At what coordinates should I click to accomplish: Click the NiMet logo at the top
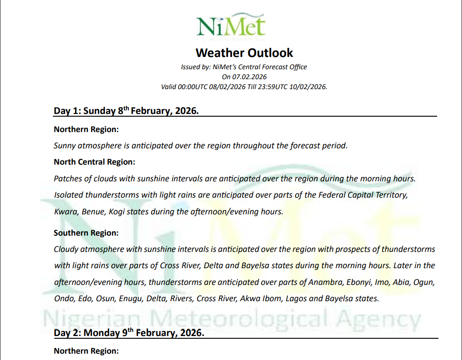[x=231, y=26]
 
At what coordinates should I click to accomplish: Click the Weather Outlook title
[x=244, y=52]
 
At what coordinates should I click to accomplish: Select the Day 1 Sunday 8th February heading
[x=126, y=111]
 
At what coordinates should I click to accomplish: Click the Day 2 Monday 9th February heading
[x=129, y=333]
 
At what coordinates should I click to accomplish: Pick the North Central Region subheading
[x=94, y=162]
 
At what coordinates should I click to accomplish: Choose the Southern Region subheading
[x=86, y=233]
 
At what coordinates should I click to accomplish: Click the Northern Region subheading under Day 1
[x=86, y=129]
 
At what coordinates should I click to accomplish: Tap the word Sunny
[x=64, y=146]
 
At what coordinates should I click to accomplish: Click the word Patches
[x=67, y=178]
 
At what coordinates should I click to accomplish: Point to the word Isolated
[x=68, y=195]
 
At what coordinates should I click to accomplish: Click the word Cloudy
[x=66, y=249]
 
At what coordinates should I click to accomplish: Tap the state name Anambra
[x=325, y=282]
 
